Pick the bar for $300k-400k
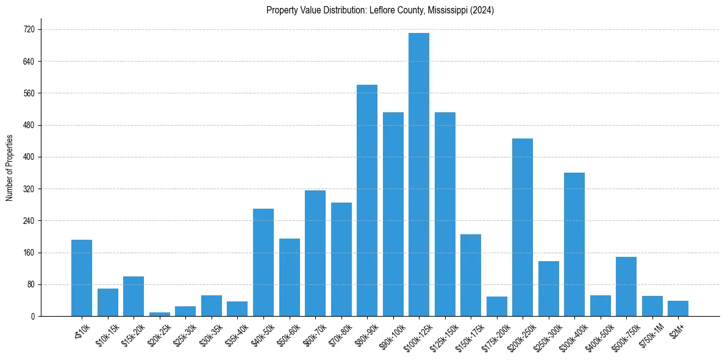pyautogui.click(x=574, y=244)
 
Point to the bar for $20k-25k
pyautogui.click(x=160, y=314)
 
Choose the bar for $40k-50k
pyautogui.click(x=263, y=262)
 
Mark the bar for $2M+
pyautogui.click(x=678, y=308)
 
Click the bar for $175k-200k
pyautogui.click(x=497, y=306)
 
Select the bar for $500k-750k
pyautogui.click(x=626, y=286)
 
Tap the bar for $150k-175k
pyautogui.click(x=471, y=275)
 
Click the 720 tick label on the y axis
pyautogui.click(x=29, y=29)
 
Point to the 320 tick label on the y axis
pyautogui.click(x=29, y=189)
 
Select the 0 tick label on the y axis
pyautogui.click(x=33, y=316)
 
